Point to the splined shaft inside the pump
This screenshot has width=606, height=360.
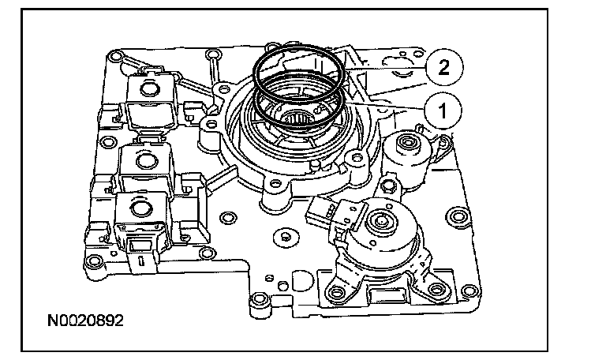(x=299, y=120)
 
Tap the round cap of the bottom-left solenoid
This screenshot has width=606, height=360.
(x=139, y=208)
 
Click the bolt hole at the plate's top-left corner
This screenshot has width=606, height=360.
(x=115, y=57)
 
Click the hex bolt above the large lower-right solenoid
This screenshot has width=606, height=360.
(x=386, y=188)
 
